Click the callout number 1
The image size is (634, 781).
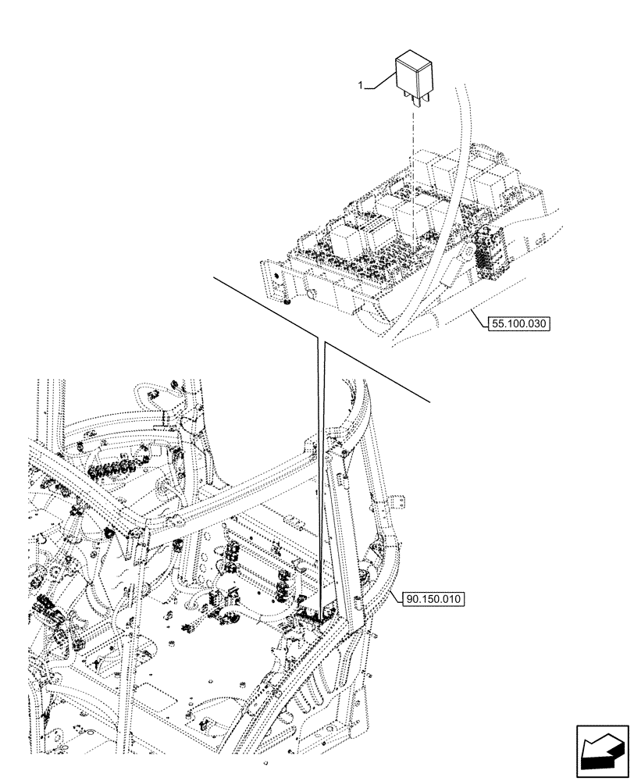(361, 87)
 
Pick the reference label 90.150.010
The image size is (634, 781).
(434, 599)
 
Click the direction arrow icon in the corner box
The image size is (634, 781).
(602, 752)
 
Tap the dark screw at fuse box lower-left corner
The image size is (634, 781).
(288, 301)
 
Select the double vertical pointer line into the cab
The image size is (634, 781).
(320, 469)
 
